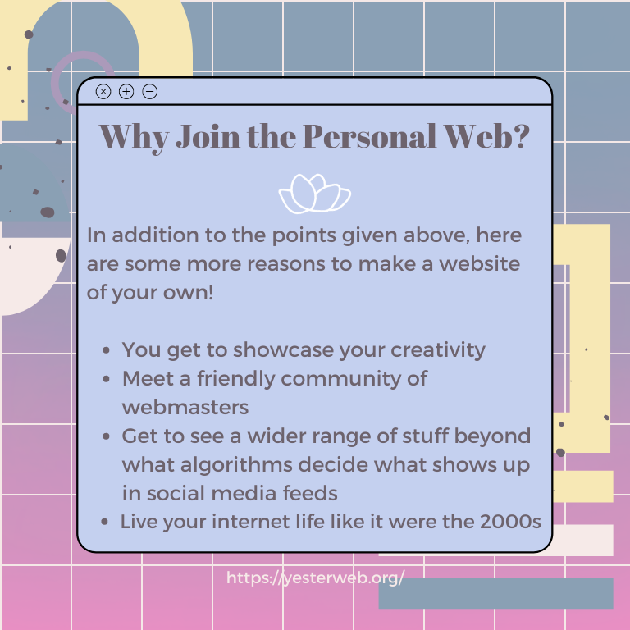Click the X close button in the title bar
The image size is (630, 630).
103,92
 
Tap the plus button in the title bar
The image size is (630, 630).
126,92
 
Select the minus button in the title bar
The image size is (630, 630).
150,92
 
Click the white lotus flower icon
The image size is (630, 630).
315,194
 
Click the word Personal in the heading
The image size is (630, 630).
369,136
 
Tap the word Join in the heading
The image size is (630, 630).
208,136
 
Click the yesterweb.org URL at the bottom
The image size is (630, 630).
315,577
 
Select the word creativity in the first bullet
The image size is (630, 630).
437,350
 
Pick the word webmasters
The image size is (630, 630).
185,408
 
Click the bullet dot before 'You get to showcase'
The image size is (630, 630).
106,350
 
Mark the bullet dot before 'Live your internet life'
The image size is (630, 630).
105,522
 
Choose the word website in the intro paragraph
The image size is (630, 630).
479,264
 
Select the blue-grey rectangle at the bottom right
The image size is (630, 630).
495,594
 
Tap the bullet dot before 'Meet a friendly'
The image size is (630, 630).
106,379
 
